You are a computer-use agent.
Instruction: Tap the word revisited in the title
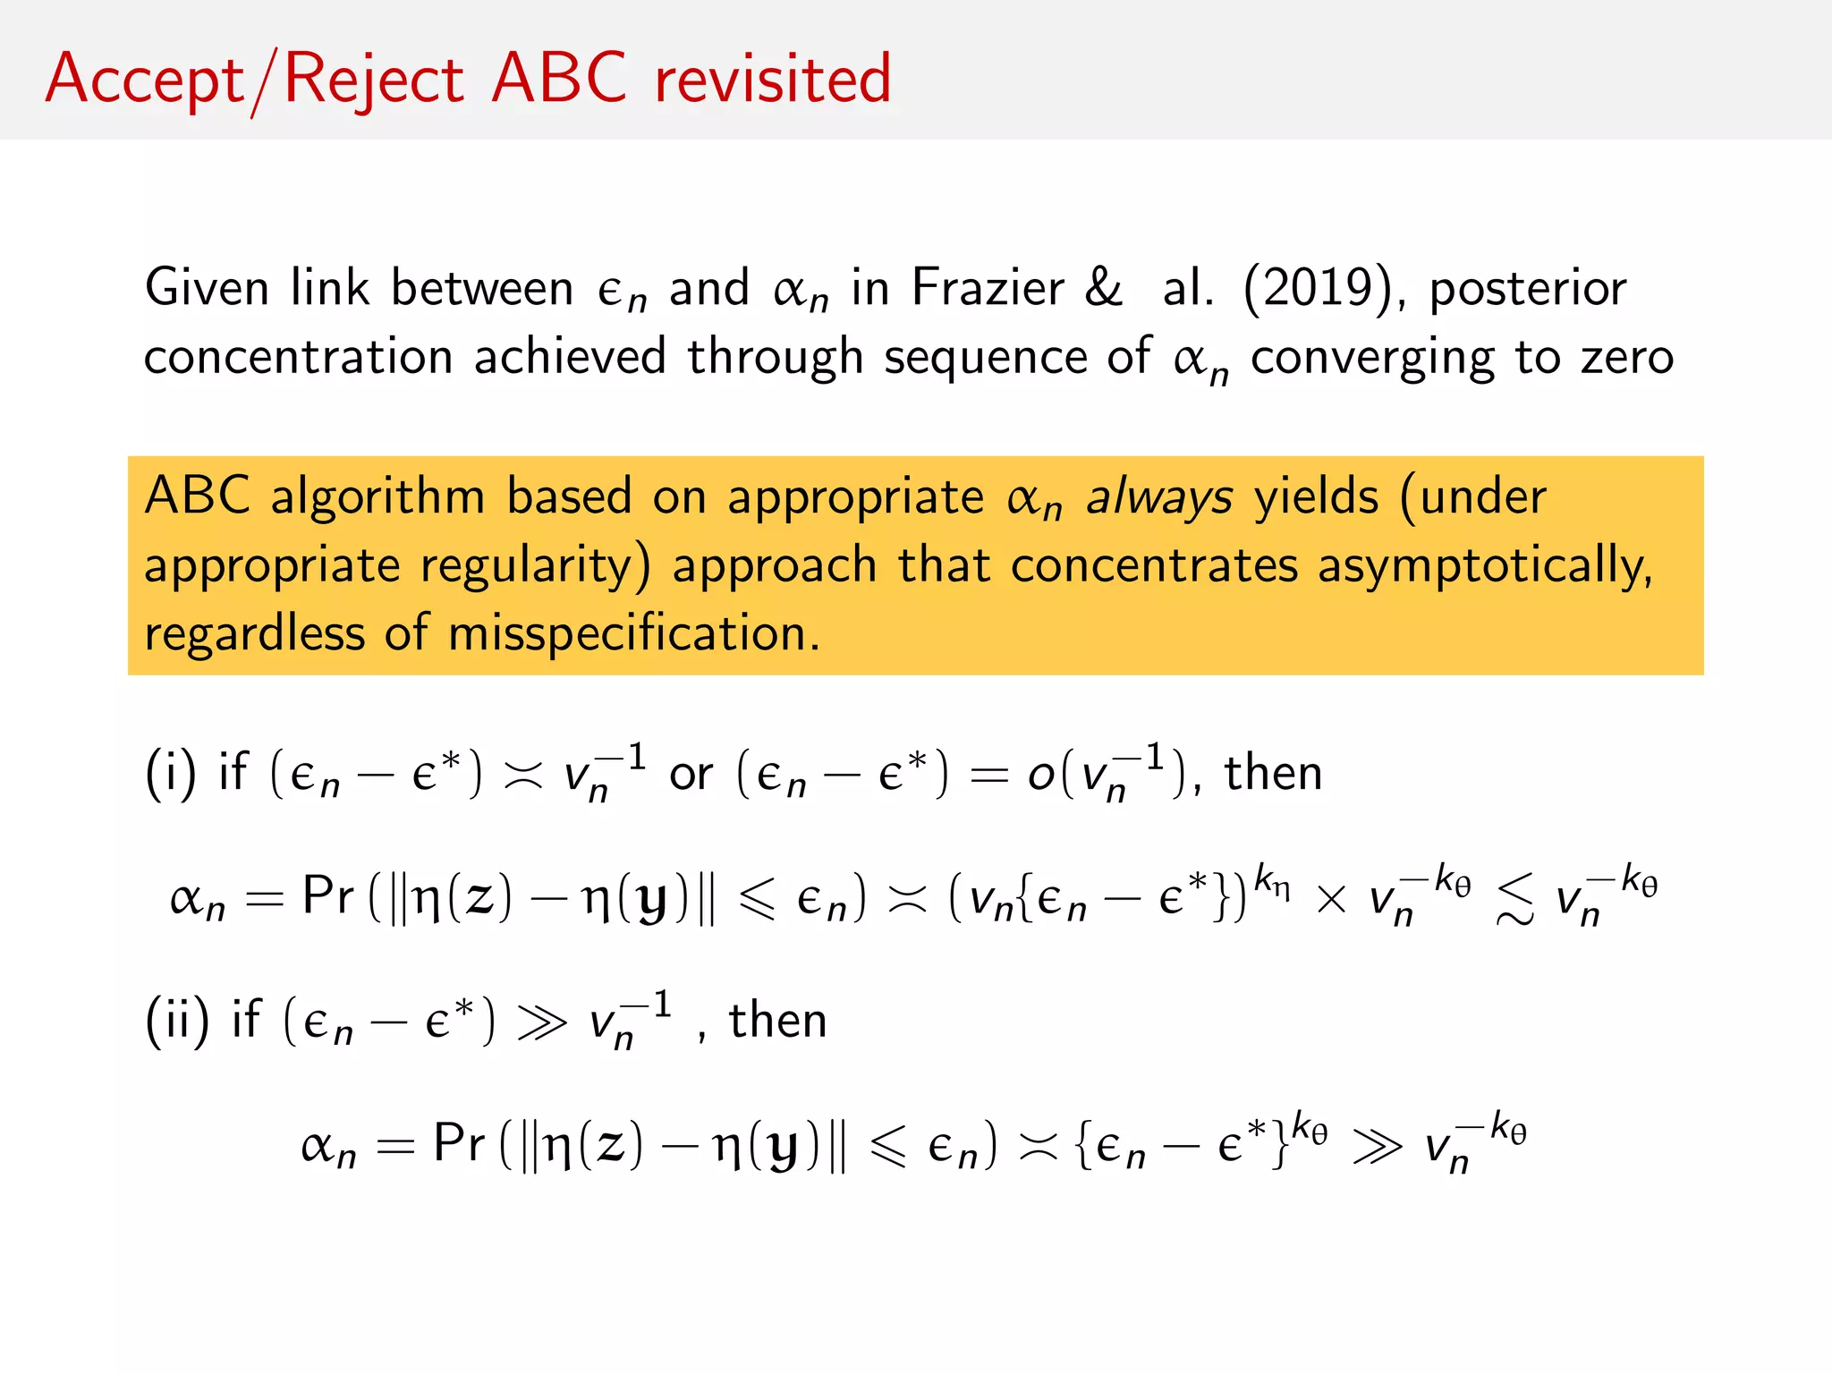[x=773, y=79]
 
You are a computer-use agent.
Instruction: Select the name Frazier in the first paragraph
[x=988, y=288]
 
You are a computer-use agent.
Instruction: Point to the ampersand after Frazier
[x=1104, y=288]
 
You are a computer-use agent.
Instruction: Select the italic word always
[x=1158, y=497]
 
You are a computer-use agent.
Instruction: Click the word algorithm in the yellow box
[x=377, y=497]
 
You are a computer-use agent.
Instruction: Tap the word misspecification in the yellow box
[x=633, y=633]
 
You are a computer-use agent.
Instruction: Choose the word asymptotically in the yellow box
[x=1484, y=566]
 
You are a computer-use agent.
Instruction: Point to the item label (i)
[x=170, y=773]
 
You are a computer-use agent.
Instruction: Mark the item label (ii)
[x=177, y=1020]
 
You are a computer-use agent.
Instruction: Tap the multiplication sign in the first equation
[x=1331, y=898]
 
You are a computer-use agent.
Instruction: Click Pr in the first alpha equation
[x=328, y=895]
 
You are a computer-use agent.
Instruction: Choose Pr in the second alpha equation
[x=459, y=1143]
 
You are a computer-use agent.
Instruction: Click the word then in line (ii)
[x=777, y=1020]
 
